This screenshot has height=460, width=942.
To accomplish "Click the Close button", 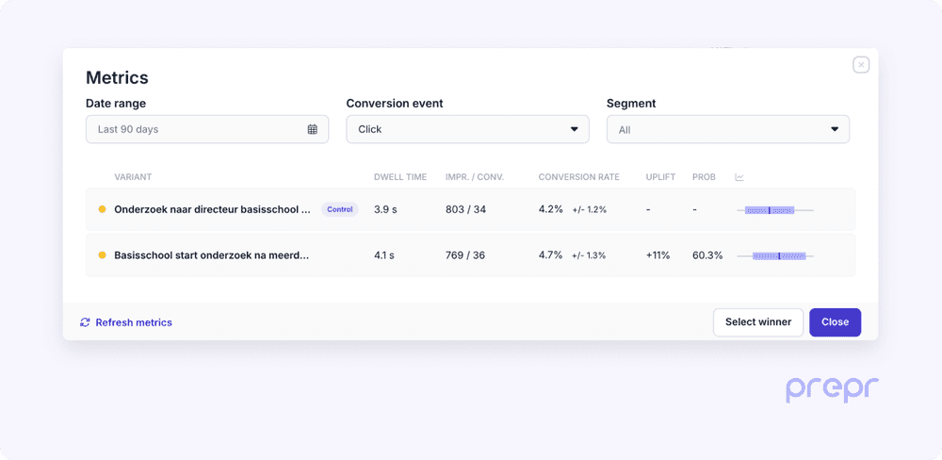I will [835, 322].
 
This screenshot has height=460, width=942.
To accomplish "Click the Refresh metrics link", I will [126, 322].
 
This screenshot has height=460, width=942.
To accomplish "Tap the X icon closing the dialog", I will [861, 65].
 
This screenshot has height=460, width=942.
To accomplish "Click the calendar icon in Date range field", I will [313, 129].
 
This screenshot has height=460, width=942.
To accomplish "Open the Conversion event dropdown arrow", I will [575, 129].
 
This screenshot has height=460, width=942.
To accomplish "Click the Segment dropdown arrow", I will [835, 129].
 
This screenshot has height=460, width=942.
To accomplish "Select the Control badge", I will [340, 209].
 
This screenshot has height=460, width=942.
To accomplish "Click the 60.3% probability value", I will [707, 255].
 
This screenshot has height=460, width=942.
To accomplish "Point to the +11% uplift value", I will [658, 255].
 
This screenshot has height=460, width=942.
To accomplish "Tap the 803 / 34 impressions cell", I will [465, 209].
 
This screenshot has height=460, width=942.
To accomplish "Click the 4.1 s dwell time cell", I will [385, 255].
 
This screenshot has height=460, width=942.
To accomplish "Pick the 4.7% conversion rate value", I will [550, 255].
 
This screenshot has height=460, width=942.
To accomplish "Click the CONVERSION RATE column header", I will [578, 177].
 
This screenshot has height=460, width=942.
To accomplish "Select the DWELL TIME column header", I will [400, 177].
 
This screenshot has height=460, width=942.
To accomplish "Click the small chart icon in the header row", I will [739, 177].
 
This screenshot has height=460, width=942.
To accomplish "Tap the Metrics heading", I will [117, 78].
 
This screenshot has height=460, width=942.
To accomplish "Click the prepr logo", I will [833, 388].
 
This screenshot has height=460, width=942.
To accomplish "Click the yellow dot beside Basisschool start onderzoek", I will [102, 255].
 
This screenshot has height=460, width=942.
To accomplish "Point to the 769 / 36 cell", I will [465, 255].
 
